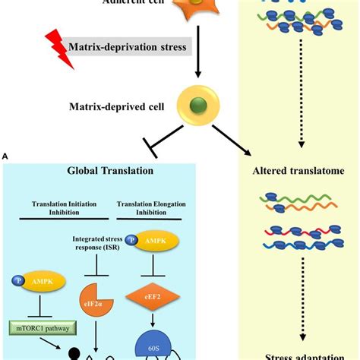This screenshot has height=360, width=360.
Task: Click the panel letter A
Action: point(5,156)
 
